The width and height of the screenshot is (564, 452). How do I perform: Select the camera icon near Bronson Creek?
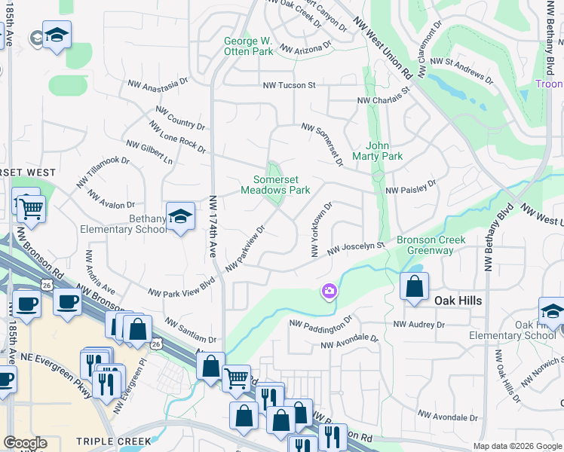point(329,291)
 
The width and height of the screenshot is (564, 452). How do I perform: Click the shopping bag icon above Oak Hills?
point(414,286)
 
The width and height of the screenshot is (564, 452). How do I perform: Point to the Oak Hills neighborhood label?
point(458,300)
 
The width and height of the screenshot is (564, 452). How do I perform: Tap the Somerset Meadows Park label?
point(275,185)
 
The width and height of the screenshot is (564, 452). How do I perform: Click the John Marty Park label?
point(383,151)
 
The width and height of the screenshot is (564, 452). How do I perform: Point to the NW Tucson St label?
point(289,85)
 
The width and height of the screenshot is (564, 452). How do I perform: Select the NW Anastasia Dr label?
point(156,85)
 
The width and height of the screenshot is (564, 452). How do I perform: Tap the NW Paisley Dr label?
point(411,187)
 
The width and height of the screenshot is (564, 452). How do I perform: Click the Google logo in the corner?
point(25,442)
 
